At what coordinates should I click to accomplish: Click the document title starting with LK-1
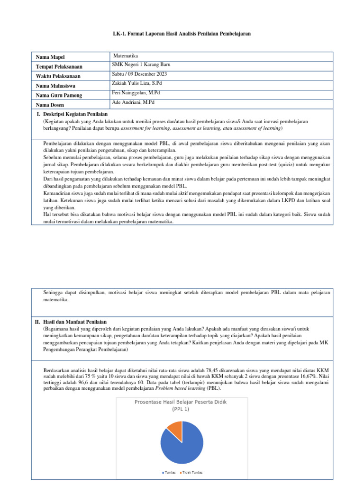coord(182,34)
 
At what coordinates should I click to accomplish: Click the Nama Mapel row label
coord(52,57)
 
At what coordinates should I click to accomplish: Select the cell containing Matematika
coord(126,56)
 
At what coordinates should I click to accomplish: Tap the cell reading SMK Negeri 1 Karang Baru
coord(141,64)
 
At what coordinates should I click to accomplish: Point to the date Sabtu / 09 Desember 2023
coord(139,74)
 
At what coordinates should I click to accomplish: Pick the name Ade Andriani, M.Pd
coord(133,102)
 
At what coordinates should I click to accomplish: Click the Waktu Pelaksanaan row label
coord(58,76)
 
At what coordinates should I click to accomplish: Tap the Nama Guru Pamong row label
coord(59,95)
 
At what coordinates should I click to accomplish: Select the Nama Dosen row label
coord(52,105)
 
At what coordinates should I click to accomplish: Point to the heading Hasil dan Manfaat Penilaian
coord(74,322)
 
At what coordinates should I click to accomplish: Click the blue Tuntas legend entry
coord(169,473)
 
